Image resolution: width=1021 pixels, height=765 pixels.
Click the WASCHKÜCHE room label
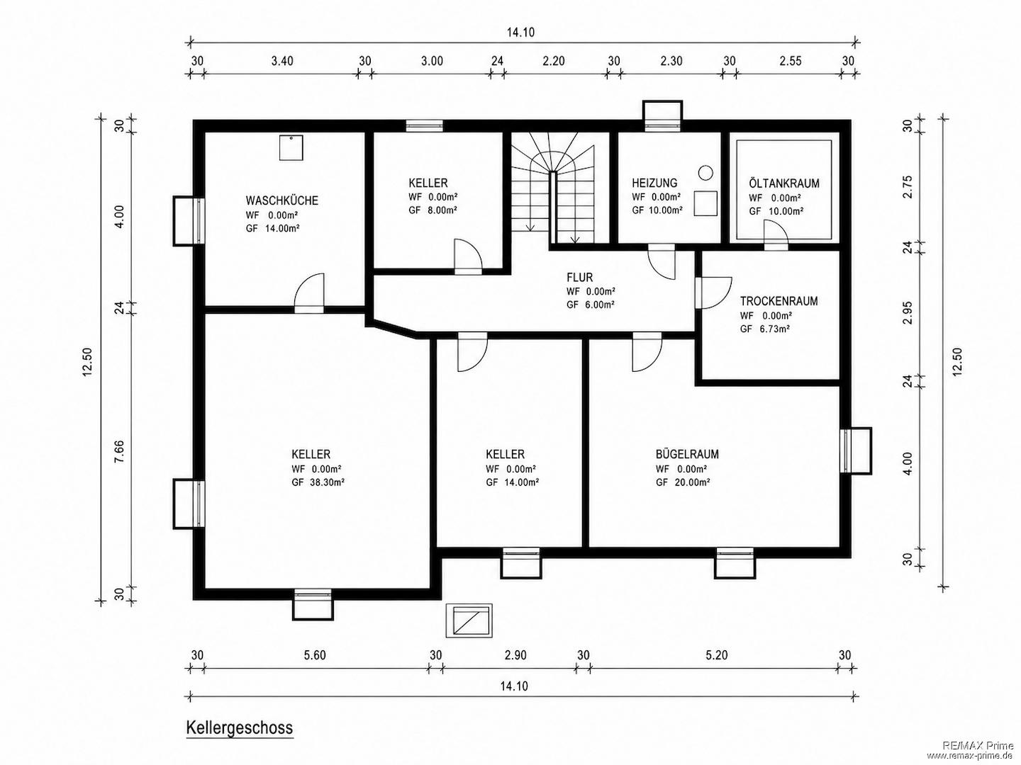coord(282,200)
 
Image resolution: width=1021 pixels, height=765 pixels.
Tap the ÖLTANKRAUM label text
coord(784,183)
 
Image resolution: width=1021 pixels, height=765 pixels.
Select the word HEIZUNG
coord(654,183)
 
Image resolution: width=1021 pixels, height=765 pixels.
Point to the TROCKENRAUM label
coord(779,301)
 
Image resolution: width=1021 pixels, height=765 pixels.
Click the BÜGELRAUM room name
coord(687,454)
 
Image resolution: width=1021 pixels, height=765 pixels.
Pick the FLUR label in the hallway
coord(579,277)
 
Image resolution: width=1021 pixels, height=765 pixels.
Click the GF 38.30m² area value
coord(318,482)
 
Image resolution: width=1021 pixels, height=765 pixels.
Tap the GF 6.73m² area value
coord(765,329)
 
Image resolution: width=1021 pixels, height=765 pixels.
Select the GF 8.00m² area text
coord(433,210)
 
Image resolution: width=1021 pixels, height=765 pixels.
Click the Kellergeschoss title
coord(240,727)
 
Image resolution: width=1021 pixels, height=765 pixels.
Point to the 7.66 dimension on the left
coord(120,450)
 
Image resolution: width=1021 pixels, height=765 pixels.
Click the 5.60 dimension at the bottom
coord(315,655)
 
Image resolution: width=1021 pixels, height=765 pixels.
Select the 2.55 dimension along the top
coord(791,61)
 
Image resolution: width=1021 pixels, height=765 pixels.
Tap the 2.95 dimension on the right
coord(908,312)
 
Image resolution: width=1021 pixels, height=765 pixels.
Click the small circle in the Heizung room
coord(706,172)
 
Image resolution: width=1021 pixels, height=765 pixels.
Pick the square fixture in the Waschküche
coord(291,148)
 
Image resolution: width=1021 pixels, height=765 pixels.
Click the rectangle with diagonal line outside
coord(469,620)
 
